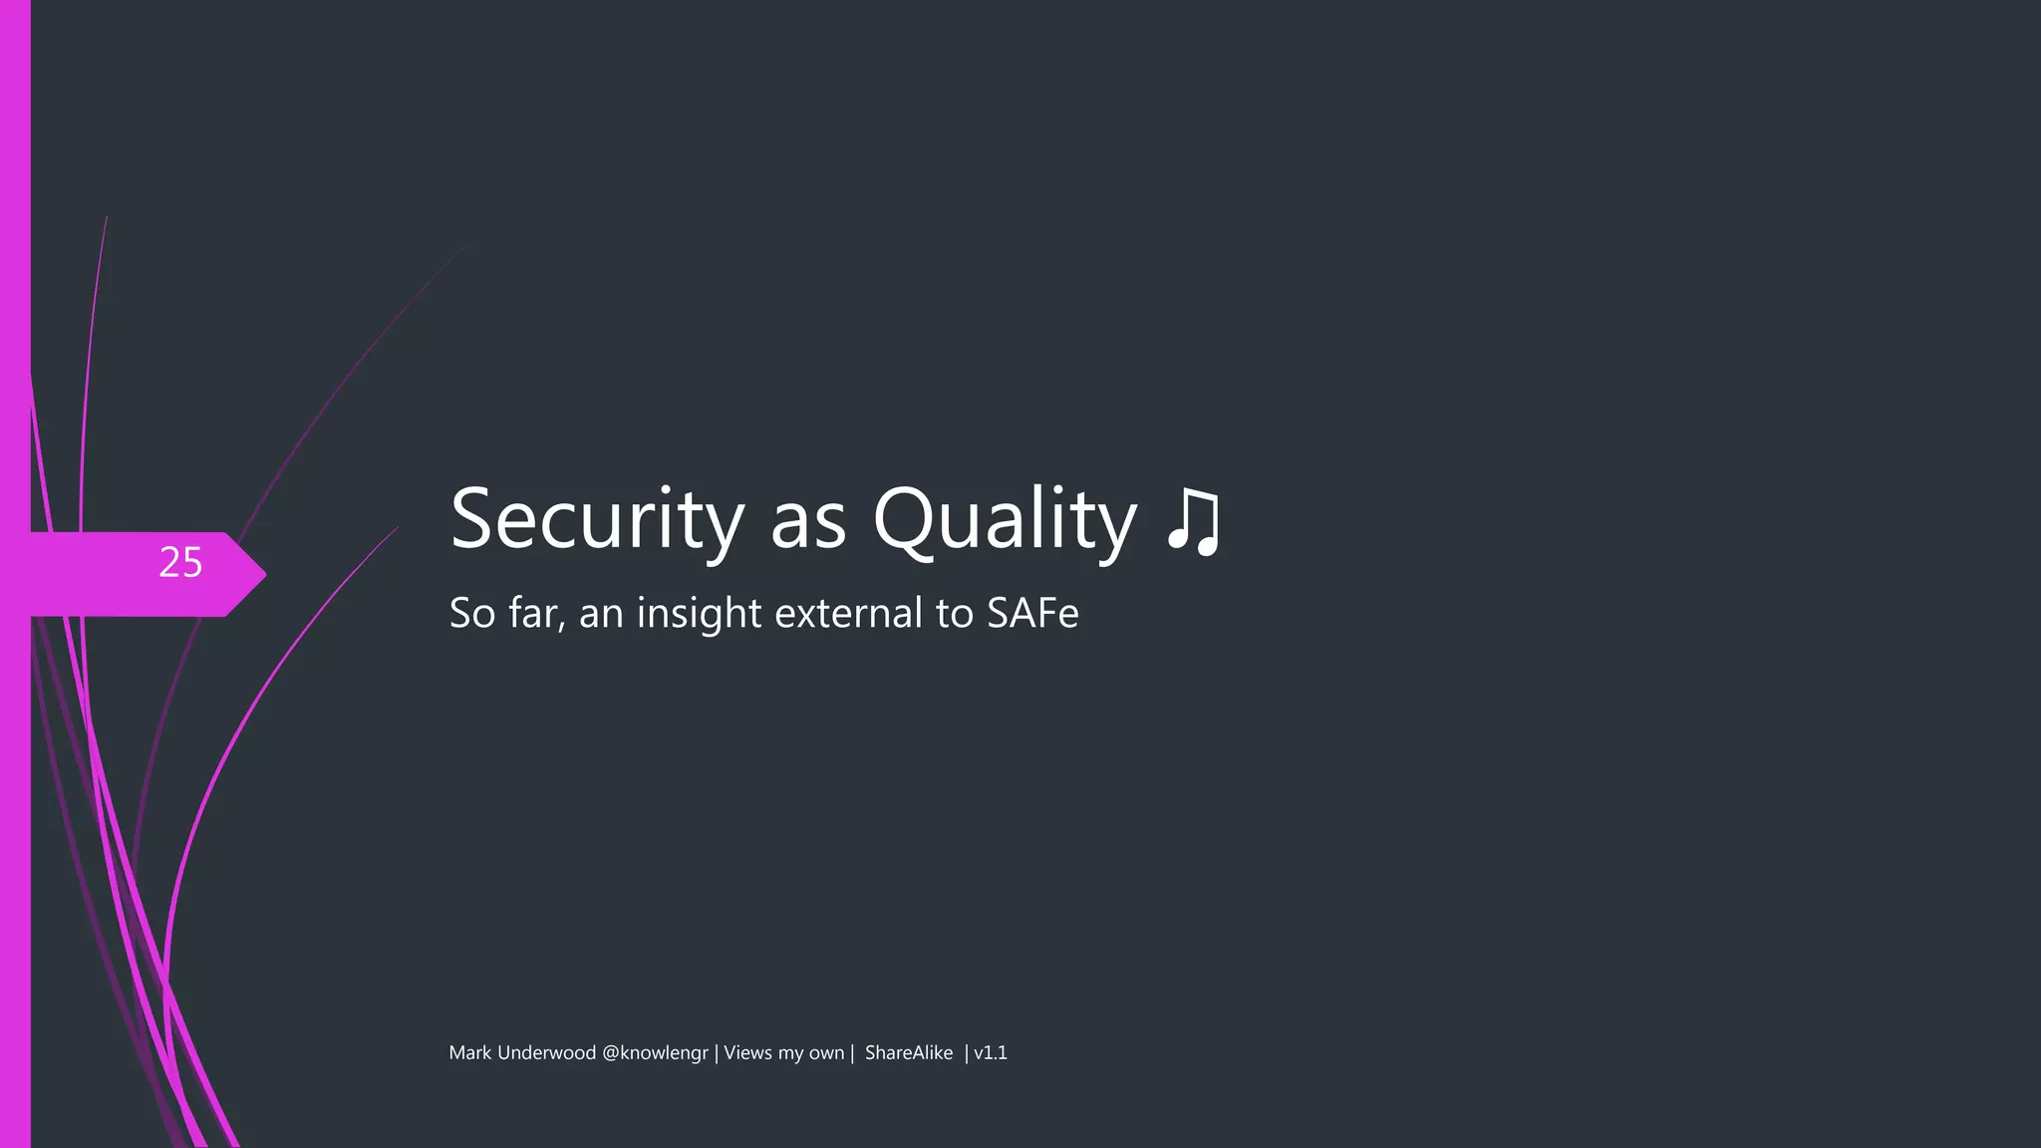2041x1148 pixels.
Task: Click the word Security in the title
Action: point(597,518)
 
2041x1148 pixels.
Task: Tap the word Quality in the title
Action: point(1004,518)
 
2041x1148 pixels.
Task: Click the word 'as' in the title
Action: point(808,522)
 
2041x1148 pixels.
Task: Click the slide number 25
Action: point(180,563)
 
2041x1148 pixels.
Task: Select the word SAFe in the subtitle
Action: point(1032,613)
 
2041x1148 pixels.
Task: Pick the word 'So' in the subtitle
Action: point(471,613)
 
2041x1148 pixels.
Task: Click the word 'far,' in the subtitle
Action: point(537,613)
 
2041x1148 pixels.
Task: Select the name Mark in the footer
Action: point(470,1053)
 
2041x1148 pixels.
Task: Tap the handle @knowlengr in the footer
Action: point(655,1053)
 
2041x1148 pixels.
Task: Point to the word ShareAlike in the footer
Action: point(908,1053)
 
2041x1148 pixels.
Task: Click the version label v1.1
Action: point(991,1053)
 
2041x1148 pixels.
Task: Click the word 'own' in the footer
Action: point(826,1054)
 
